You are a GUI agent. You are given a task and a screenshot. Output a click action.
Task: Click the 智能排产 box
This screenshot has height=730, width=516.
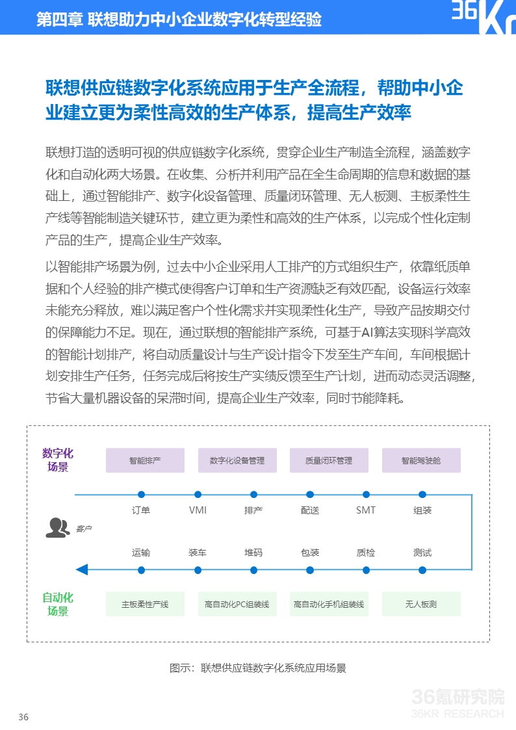click(x=145, y=460)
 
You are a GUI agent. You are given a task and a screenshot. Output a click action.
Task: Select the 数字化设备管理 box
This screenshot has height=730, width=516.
click(x=237, y=460)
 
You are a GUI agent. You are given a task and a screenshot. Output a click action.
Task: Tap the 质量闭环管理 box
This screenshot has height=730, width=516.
click(x=329, y=460)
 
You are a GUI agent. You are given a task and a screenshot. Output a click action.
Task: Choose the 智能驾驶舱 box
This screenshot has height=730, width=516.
click(x=421, y=460)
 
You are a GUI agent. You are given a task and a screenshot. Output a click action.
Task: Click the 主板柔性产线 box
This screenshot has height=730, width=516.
click(x=145, y=604)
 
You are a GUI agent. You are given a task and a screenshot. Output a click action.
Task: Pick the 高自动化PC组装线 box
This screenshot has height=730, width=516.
click(x=237, y=604)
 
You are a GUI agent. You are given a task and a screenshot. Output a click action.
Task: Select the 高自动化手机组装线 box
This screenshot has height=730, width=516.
click(x=329, y=604)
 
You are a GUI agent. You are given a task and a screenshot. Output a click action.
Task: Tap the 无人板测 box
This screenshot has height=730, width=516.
click(x=421, y=604)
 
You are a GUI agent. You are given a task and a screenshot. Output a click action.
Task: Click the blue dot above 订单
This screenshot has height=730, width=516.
click(x=141, y=495)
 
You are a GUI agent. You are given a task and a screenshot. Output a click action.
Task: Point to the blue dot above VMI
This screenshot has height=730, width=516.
click(x=198, y=495)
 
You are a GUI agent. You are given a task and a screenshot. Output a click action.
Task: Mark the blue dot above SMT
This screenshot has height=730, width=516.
click(x=366, y=495)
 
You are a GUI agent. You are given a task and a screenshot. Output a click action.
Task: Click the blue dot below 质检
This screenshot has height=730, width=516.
click(x=366, y=570)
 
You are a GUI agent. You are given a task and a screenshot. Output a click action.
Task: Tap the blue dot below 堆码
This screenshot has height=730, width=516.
click(x=253, y=570)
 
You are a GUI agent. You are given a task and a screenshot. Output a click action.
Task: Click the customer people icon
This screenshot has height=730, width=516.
click(x=57, y=527)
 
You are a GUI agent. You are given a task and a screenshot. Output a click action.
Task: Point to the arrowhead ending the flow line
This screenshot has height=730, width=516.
click(x=82, y=570)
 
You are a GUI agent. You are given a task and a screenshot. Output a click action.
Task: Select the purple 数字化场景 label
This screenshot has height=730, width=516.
click(x=58, y=460)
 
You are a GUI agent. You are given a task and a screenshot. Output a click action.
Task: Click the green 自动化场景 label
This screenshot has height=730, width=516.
click(x=58, y=604)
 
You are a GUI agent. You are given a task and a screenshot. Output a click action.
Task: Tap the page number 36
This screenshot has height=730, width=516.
click(x=23, y=718)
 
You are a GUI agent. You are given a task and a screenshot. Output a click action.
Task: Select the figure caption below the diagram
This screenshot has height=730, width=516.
click(x=257, y=668)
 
